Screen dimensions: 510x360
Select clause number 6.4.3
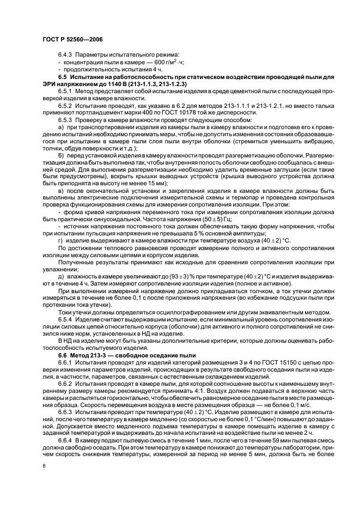click(x=65, y=56)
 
